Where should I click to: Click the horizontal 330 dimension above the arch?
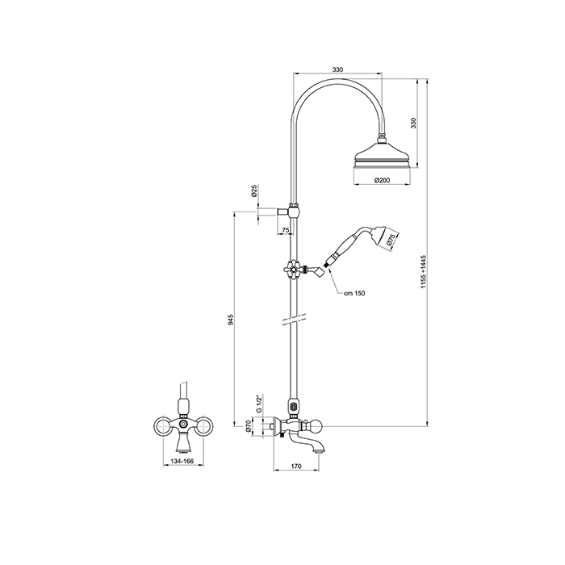337,69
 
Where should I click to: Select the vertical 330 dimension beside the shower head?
413,123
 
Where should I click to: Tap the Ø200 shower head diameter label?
382,180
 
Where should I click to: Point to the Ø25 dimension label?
254,190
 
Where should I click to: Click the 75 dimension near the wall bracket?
286,229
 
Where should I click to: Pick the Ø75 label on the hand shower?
391,240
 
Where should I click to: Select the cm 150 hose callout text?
354,293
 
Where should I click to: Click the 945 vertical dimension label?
231,320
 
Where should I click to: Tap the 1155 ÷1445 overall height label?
424,271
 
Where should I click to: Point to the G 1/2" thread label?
258,404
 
